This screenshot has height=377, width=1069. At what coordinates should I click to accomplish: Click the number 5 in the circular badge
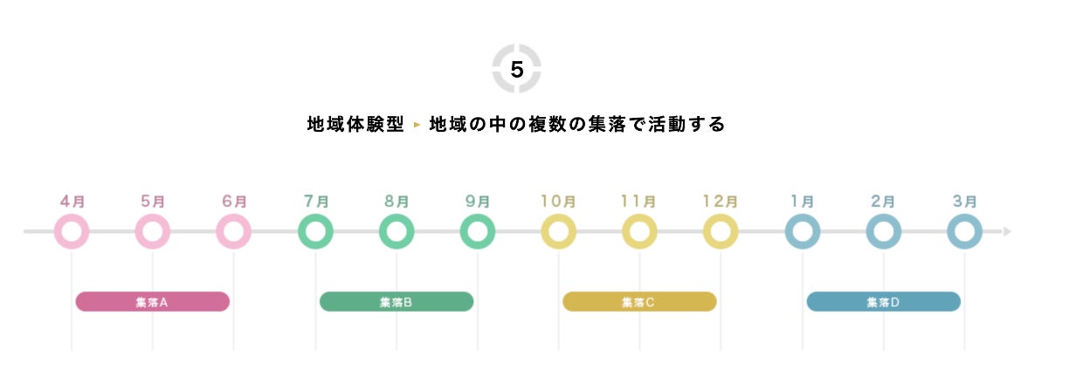click(516, 70)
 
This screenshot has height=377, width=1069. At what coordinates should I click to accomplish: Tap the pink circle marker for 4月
click(72, 232)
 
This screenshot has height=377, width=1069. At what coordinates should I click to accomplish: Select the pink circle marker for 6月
click(233, 232)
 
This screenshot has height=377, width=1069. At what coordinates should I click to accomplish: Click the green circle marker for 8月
click(397, 232)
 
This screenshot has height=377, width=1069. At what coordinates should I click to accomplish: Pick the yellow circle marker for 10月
click(558, 232)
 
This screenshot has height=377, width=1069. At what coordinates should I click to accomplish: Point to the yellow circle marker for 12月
click(721, 232)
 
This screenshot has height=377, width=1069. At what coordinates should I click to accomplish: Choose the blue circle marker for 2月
click(883, 232)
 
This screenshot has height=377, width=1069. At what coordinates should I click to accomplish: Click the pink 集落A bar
click(152, 302)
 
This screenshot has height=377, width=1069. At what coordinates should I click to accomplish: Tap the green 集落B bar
click(397, 302)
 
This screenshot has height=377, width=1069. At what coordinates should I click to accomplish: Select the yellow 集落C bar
click(639, 302)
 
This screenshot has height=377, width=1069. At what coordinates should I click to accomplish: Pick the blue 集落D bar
click(883, 302)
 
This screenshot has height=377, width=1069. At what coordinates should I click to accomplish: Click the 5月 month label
click(153, 201)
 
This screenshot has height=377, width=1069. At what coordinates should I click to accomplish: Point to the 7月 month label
click(315, 201)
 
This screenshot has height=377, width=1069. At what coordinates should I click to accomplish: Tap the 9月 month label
click(478, 201)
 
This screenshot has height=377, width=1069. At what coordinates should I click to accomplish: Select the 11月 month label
click(639, 201)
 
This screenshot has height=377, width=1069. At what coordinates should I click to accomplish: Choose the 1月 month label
click(802, 201)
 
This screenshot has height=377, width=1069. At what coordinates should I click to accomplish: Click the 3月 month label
click(964, 201)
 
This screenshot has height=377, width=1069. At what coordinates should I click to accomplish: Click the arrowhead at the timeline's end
click(1007, 232)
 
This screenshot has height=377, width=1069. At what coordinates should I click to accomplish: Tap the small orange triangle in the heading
click(417, 126)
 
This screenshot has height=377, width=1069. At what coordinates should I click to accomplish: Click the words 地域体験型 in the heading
click(355, 125)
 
